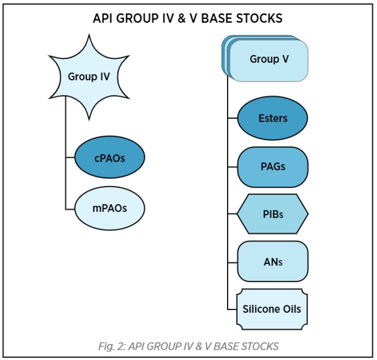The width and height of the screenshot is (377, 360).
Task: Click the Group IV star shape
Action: click(x=89, y=77)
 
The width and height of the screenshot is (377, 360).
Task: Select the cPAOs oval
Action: click(x=109, y=157)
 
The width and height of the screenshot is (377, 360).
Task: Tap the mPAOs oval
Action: click(x=109, y=208)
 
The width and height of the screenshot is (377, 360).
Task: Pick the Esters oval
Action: click(x=273, y=118)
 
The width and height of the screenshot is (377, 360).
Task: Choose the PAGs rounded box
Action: click(x=273, y=167)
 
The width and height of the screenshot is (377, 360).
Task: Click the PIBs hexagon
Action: click(x=273, y=214)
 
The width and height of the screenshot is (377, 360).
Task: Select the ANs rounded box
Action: click(x=273, y=262)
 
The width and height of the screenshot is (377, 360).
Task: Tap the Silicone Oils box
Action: click(x=272, y=309)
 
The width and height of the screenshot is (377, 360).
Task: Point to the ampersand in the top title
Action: click(x=182, y=18)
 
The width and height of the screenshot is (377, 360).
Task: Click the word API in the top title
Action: click(x=103, y=18)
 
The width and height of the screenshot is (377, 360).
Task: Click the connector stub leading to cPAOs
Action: click(x=70, y=158)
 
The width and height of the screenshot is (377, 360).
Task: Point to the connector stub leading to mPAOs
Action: click(x=70, y=209)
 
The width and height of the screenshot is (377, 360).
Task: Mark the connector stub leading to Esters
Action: click(x=232, y=118)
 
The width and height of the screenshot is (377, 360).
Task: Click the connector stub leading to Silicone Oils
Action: click(x=232, y=309)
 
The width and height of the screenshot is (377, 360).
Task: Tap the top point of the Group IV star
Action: click(x=89, y=34)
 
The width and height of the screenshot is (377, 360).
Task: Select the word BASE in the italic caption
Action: click(x=226, y=346)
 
